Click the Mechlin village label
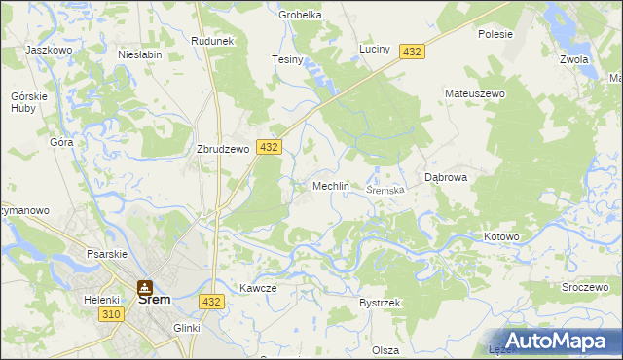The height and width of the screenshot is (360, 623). pyautogui.click(x=330, y=186)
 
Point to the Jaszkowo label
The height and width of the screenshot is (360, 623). pyautogui.click(x=49, y=49)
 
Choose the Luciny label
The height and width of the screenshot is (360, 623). pyautogui.click(x=375, y=49)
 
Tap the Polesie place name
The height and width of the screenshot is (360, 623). pyautogui.click(x=495, y=33)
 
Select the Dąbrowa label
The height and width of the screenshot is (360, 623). pyautogui.click(x=447, y=177)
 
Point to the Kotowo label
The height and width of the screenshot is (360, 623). pyautogui.click(x=502, y=237)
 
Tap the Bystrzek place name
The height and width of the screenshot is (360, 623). pyautogui.click(x=380, y=304)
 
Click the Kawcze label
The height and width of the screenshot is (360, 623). pyautogui.click(x=258, y=288)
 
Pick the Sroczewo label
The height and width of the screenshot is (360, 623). pyautogui.click(x=584, y=289)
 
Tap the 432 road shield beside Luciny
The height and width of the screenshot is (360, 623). pyautogui.click(x=411, y=52)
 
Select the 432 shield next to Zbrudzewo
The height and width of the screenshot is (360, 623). pyautogui.click(x=269, y=147)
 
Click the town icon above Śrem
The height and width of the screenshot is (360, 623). pyautogui.click(x=145, y=287)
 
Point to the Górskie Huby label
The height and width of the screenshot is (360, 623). pyautogui.click(x=23, y=103)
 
